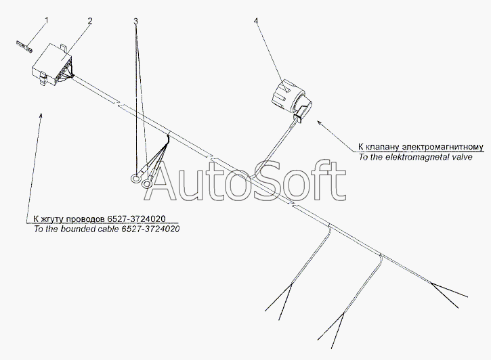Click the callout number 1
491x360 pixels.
click(46, 21)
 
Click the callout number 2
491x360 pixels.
click(89, 21)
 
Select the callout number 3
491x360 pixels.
click(136, 21)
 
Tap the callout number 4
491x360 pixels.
click(256, 21)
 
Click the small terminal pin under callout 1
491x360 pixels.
click(22, 47)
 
